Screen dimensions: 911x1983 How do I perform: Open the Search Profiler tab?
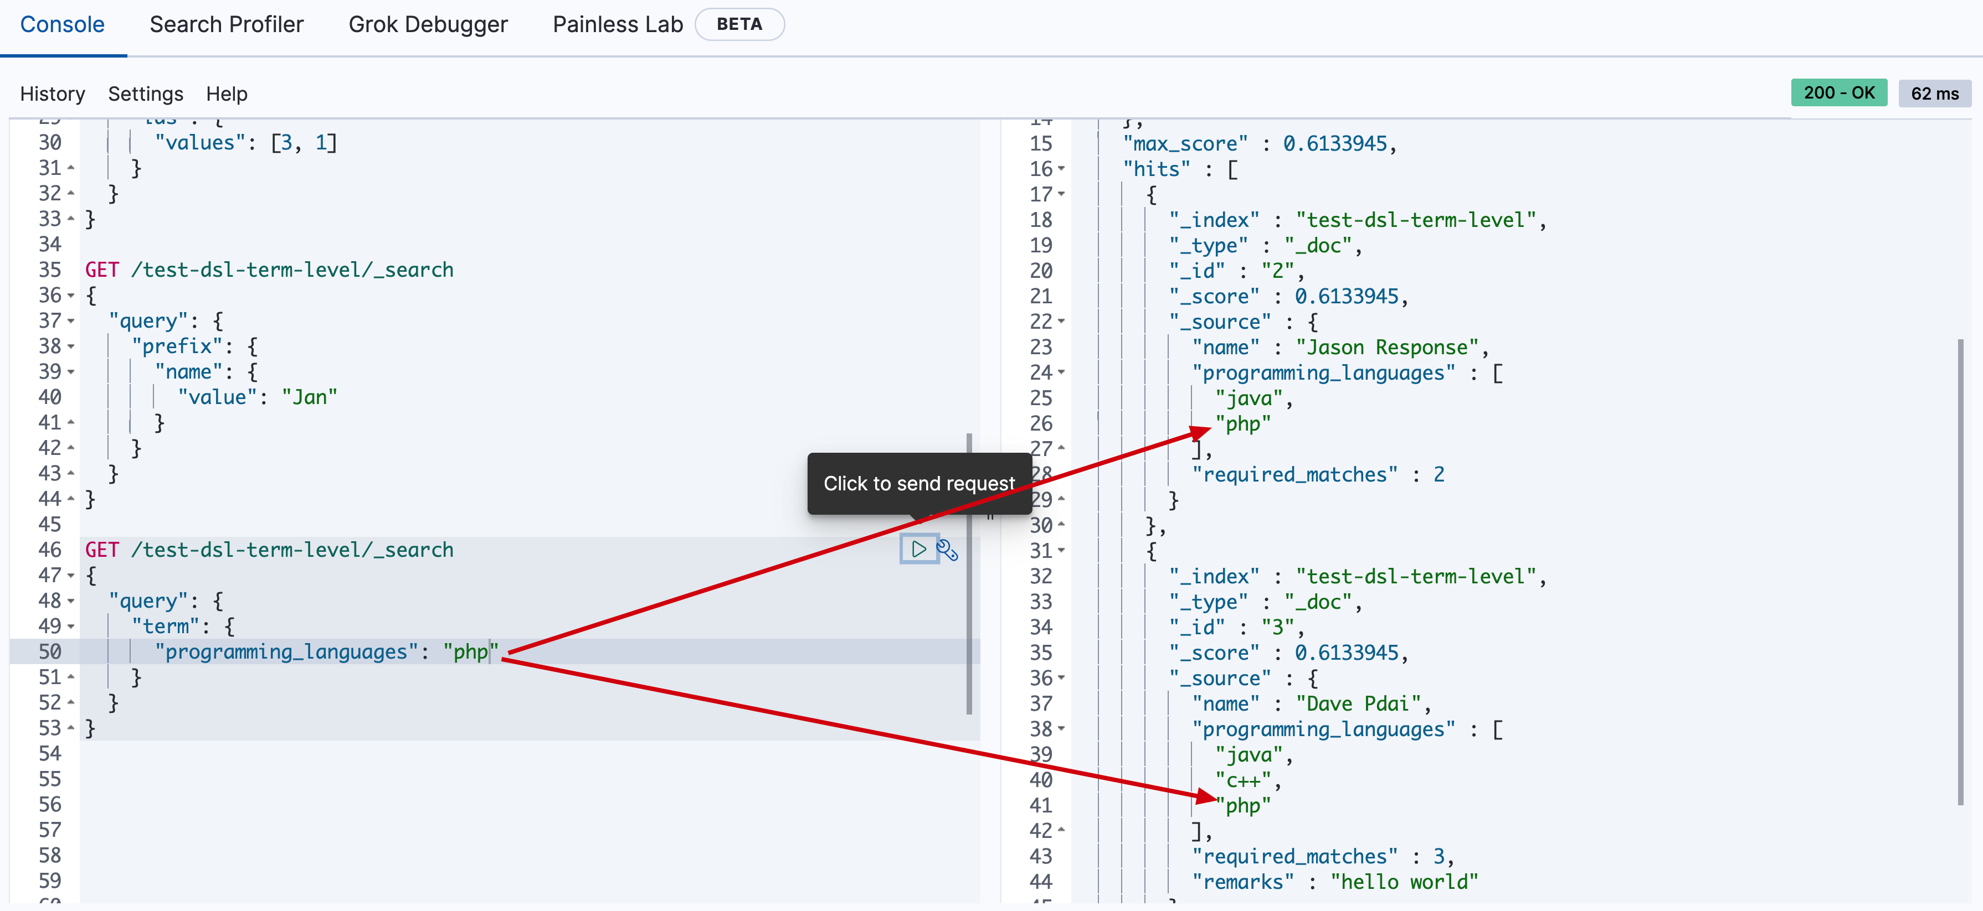(x=227, y=24)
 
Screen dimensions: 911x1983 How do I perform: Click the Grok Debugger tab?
(x=428, y=24)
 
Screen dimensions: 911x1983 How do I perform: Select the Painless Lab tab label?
(x=618, y=24)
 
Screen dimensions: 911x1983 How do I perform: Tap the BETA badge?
(x=739, y=24)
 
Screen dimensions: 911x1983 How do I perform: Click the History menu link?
(x=53, y=94)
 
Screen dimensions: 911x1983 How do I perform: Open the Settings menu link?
(x=146, y=94)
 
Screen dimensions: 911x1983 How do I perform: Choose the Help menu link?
(x=227, y=94)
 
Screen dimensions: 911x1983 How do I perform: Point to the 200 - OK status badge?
(x=1838, y=93)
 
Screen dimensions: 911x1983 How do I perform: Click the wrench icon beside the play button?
(x=947, y=550)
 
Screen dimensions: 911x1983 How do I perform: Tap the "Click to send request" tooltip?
(x=918, y=483)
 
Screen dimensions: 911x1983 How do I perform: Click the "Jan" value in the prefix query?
(x=310, y=397)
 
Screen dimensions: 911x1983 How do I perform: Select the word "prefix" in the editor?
(x=176, y=346)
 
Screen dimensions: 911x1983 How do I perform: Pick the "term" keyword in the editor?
(x=166, y=627)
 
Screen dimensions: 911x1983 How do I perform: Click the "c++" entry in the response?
(x=1243, y=780)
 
